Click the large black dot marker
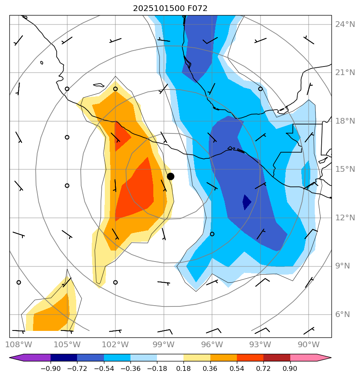[170, 176]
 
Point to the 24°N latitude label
[345, 24]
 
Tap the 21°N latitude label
[345, 73]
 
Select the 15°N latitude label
[345, 169]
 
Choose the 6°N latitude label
[342, 315]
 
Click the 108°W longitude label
[19, 345]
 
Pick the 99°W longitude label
[163, 345]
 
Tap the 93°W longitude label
[260, 345]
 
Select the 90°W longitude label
[308, 345]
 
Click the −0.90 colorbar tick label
[51, 369]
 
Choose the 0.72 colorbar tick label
[263, 369]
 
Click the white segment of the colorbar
[170, 358]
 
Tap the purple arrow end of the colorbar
[16, 358]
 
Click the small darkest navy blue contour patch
[246, 202]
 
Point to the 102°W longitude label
[115, 345]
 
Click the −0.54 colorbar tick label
[104, 369]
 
